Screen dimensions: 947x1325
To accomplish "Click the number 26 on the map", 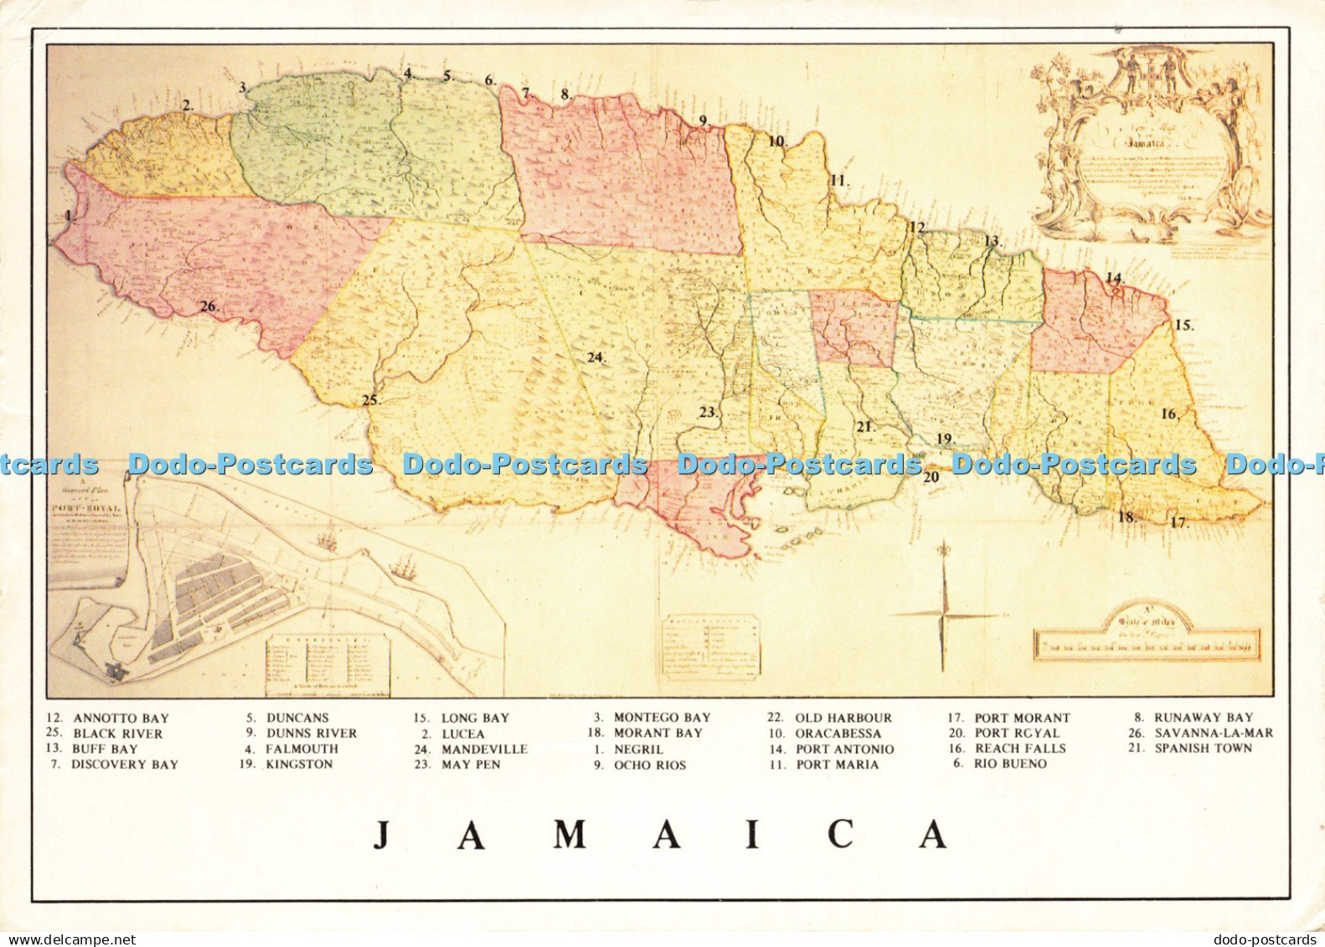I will [x=209, y=306].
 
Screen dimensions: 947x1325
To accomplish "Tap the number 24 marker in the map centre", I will [x=595, y=358].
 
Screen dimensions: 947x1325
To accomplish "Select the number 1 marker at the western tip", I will [x=69, y=215].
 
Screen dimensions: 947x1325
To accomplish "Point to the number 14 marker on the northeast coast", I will [x=1112, y=278].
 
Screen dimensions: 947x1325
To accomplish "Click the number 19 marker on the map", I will [x=944, y=439].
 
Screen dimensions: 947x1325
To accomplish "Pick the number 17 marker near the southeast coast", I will [x=1178, y=522].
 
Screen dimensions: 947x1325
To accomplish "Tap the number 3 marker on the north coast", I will [x=243, y=87].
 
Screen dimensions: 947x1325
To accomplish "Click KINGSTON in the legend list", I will [x=298, y=764].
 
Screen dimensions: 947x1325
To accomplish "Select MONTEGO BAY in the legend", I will [x=662, y=718].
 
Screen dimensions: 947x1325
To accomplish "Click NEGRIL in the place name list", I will [x=638, y=749].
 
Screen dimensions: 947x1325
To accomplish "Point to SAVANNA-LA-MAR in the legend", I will [x=1213, y=733].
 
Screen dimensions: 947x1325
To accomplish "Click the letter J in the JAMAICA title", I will [x=382, y=835].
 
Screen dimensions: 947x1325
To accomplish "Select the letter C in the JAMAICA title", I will [x=840, y=835].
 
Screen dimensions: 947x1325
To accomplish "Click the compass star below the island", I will [x=944, y=615].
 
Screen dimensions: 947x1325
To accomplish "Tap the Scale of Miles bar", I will [x=1147, y=645].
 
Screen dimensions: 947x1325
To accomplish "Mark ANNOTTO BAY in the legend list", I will [x=121, y=718].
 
